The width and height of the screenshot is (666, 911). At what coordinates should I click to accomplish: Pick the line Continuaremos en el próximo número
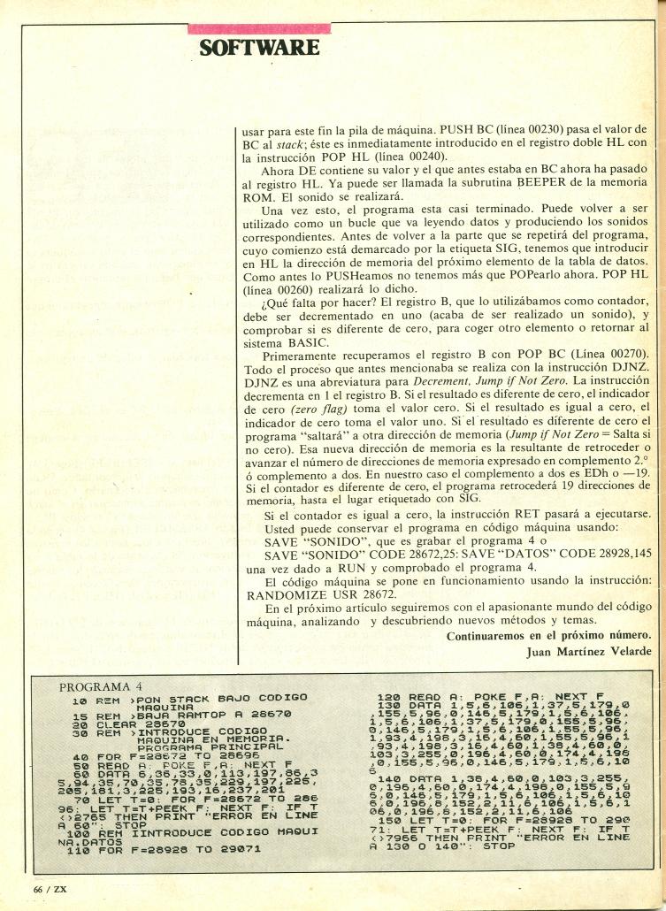pyautogui.click(x=548, y=636)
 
